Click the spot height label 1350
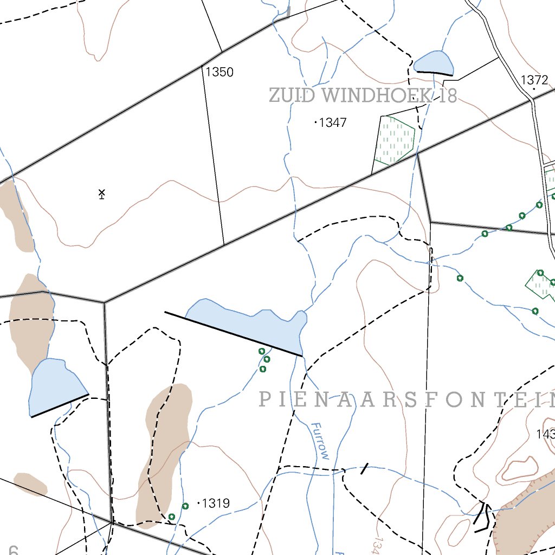point(220,72)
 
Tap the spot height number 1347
point(333,123)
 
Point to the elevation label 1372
point(534,80)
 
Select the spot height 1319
point(216,504)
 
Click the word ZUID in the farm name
point(291,96)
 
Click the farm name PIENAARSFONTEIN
point(406,400)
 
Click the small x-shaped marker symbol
point(101,193)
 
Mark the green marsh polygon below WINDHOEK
point(395,140)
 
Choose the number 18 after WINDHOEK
point(449,96)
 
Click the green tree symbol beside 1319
point(185,506)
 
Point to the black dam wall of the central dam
point(233,334)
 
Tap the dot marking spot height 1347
point(316,122)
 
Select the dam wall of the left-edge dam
point(60,405)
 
